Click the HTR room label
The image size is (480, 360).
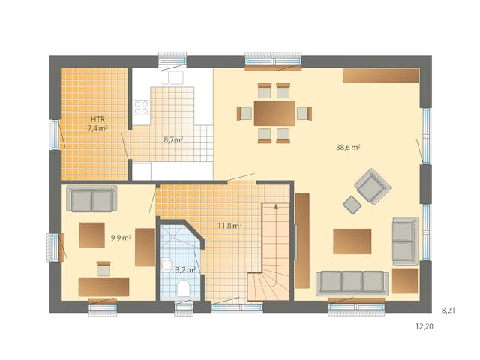click(97, 119)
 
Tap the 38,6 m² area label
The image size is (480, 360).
click(348, 148)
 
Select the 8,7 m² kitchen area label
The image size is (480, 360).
click(174, 139)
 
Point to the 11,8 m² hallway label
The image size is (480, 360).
click(229, 225)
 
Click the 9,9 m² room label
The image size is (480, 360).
click(121, 238)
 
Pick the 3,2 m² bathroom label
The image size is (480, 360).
click(185, 268)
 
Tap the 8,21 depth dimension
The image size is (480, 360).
click(448, 309)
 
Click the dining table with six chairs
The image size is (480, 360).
click(274, 113)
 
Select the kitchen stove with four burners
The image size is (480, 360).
click(141, 107)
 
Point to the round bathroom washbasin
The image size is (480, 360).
click(166, 265)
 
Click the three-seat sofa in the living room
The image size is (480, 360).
click(352, 281)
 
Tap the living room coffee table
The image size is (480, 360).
click(352, 241)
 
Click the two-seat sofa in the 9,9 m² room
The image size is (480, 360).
click(92, 199)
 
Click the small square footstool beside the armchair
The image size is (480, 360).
click(351, 202)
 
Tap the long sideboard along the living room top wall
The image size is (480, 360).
click(381, 76)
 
